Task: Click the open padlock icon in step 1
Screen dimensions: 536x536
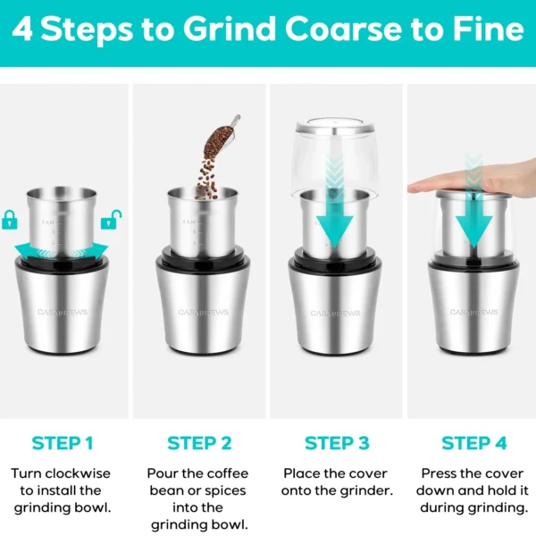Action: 112,219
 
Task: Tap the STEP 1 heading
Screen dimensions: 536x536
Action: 63,443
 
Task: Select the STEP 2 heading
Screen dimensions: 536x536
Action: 199,443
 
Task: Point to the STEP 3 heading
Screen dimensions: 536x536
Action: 337,443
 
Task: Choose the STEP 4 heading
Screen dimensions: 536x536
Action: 473,443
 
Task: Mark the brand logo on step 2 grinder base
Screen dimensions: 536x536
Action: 198,313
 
